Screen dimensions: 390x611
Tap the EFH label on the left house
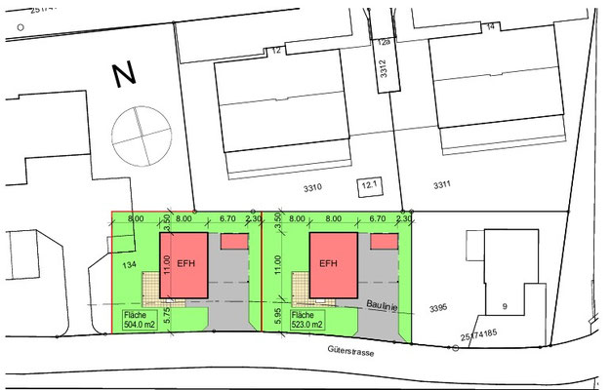pyautogui.click(x=185, y=263)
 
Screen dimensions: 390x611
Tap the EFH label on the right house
pyautogui.click(x=329, y=263)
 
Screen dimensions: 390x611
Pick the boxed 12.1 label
pyautogui.click(x=369, y=182)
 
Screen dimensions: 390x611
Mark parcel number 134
pyautogui.click(x=128, y=264)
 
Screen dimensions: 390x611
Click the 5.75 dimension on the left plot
pyautogui.click(x=168, y=315)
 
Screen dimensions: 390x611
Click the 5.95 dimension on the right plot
pyautogui.click(x=279, y=315)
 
